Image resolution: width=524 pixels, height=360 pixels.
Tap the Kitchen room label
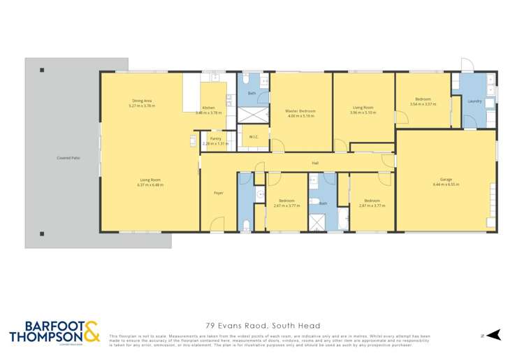208,108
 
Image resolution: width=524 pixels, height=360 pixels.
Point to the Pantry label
215,139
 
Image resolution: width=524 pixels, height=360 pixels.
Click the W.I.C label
254,136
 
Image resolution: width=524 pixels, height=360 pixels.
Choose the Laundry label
474,101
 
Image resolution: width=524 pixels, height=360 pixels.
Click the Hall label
315,164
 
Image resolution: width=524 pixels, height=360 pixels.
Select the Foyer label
218,192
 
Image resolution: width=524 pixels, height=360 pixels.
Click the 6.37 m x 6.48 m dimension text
150,185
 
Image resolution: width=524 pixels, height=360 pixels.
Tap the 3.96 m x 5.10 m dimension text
363,113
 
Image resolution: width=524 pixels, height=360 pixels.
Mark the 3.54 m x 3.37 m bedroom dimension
423,104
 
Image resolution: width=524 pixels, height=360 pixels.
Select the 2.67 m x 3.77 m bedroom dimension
286,206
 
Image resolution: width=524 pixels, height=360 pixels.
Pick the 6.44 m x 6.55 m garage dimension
445,185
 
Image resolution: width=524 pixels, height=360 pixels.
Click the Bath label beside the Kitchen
251,93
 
